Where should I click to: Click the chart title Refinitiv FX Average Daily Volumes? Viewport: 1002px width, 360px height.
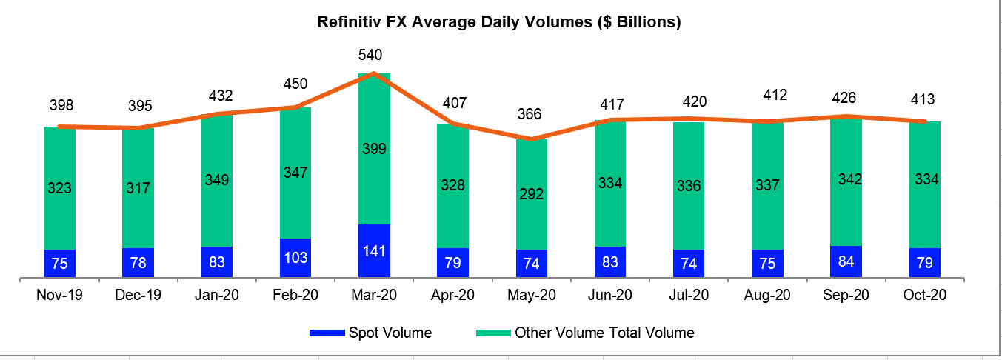click(x=498, y=22)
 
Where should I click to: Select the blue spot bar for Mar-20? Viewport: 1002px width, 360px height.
click(x=374, y=251)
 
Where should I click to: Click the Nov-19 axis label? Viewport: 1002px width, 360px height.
click(x=59, y=295)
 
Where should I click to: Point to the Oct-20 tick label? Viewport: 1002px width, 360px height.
click(x=925, y=295)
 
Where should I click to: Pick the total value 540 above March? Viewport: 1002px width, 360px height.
click(x=374, y=55)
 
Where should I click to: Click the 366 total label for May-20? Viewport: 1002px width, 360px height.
click(x=530, y=114)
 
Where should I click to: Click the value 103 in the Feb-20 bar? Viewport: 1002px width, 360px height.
click(x=295, y=259)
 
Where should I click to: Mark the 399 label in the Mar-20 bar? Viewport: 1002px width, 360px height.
click(x=374, y=149)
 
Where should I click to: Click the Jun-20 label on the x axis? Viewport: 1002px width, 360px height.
click(x=610, y=295)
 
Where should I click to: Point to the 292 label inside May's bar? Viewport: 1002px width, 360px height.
click(x=532, y=195)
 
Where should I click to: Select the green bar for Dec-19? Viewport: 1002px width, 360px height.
click(x=138, y=188)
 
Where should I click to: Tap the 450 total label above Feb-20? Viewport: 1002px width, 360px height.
click(x=295, y=84)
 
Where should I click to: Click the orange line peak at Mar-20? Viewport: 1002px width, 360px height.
click(x=374, y=73)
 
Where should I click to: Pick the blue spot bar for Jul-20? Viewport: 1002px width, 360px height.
click(x=689, y=264)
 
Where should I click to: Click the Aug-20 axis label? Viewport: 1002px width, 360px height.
click(x=767, y=295)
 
